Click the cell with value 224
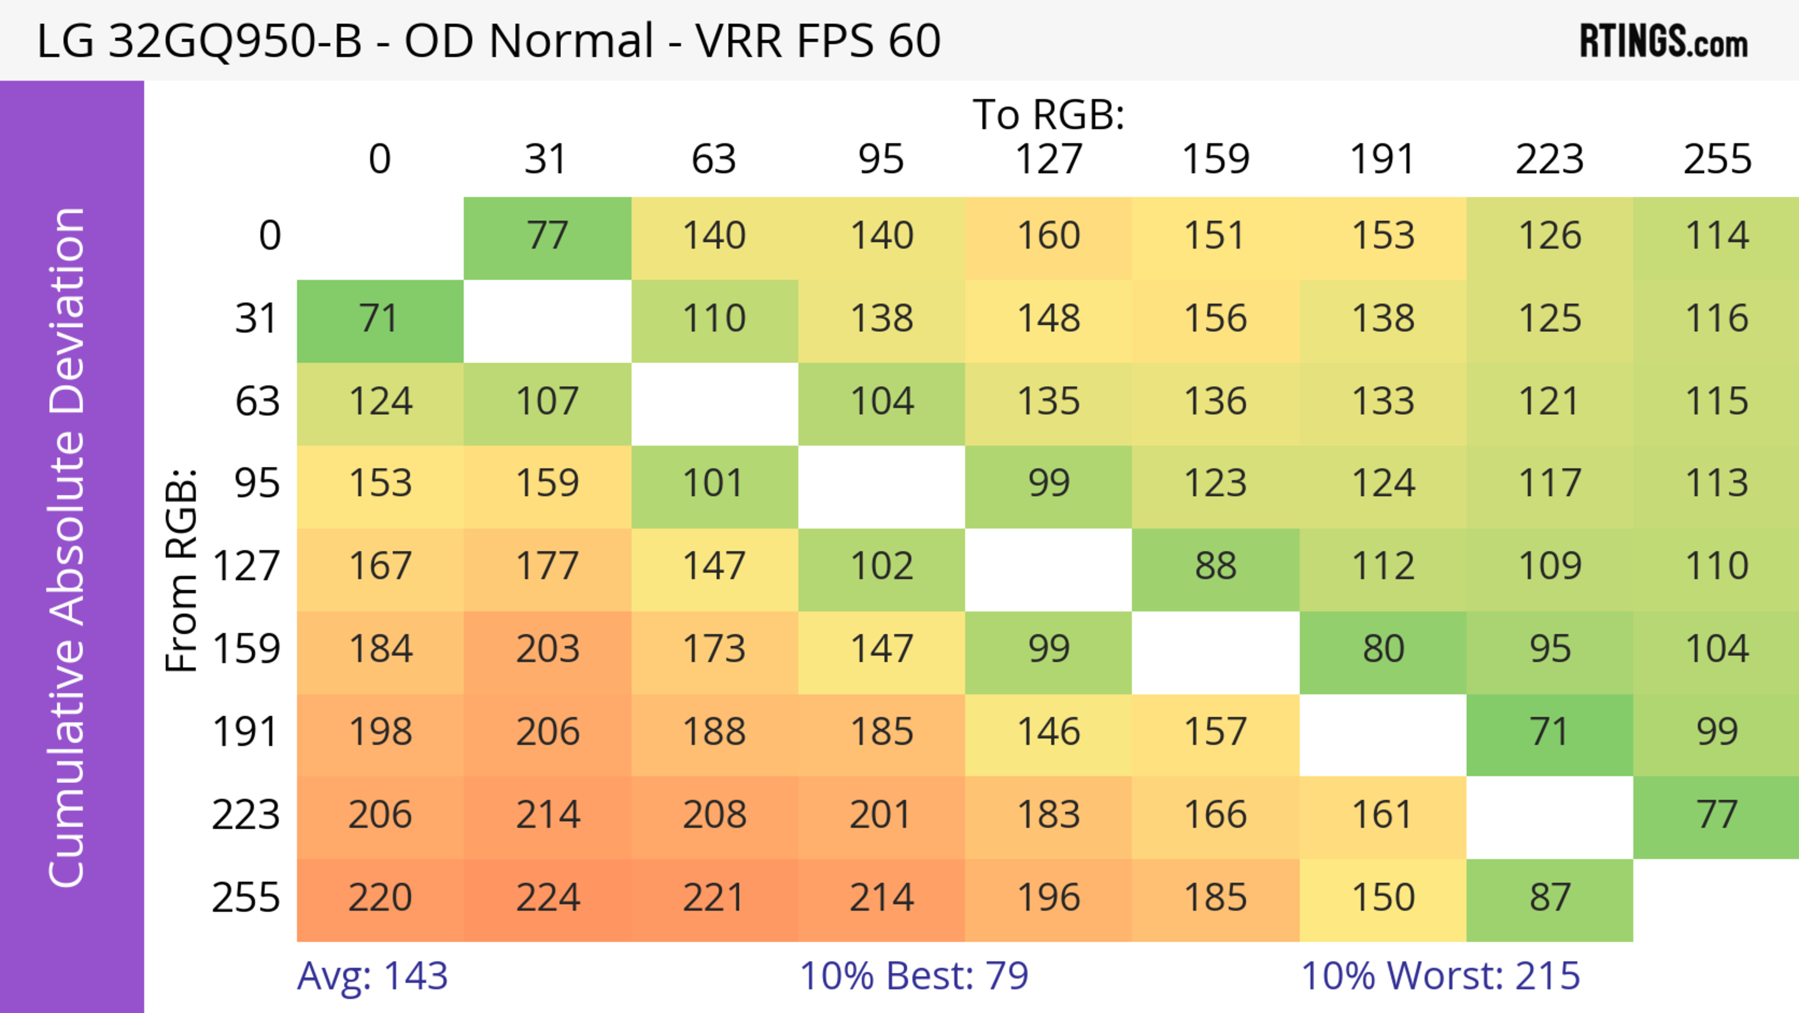pyautogui.click(x=548, y=898)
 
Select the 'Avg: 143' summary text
pyautogui.click(x=372, y=975)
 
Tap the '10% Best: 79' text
pyautogui.click(x=914, y=975)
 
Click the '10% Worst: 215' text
pyautogui.click(x=1440, y=975)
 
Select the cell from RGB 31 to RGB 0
pyautogui.click(x=380, y=319)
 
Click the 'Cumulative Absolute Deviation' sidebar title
pyautogui.click(x=68, y=548)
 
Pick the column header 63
pyautogui.click(x=714, y=159)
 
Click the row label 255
pyautogui.click(x=246, y=898)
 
